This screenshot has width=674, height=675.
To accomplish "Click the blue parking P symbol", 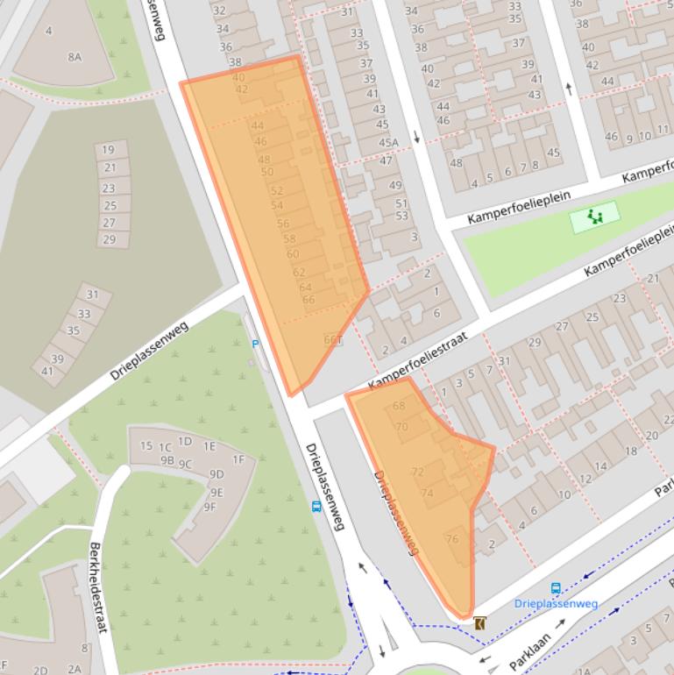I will [x=255, y=345].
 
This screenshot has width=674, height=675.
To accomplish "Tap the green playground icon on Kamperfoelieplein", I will [x=596, y=217].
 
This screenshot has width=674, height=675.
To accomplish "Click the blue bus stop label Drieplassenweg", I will [x=556, y=603].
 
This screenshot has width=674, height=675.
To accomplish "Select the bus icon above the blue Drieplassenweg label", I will [x=556, y=588].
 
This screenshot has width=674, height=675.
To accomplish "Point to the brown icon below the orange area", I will [x=479, y=623].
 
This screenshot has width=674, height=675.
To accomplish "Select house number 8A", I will [x=74, y=57].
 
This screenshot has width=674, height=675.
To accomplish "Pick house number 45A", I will [x=388, y=143].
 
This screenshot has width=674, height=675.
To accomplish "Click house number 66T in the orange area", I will [x=333, y=340].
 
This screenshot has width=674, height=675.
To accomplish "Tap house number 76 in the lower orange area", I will [x=452, y=539].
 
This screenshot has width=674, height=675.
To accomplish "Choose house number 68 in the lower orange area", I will [x=400, y=406].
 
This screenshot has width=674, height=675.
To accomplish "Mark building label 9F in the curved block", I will [x=209, y=507].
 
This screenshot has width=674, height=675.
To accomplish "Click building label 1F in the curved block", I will [x=238, y=459].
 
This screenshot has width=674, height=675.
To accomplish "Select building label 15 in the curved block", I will [x=146, y=446].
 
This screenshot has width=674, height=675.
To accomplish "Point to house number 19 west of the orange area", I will [x=108, y=150].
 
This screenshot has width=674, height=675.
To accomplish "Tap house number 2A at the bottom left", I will [x=74, y=669].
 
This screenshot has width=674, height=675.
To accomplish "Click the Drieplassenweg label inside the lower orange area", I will [x=396, y=513].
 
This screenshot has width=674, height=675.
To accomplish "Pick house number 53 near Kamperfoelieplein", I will [x=401, y=216].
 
